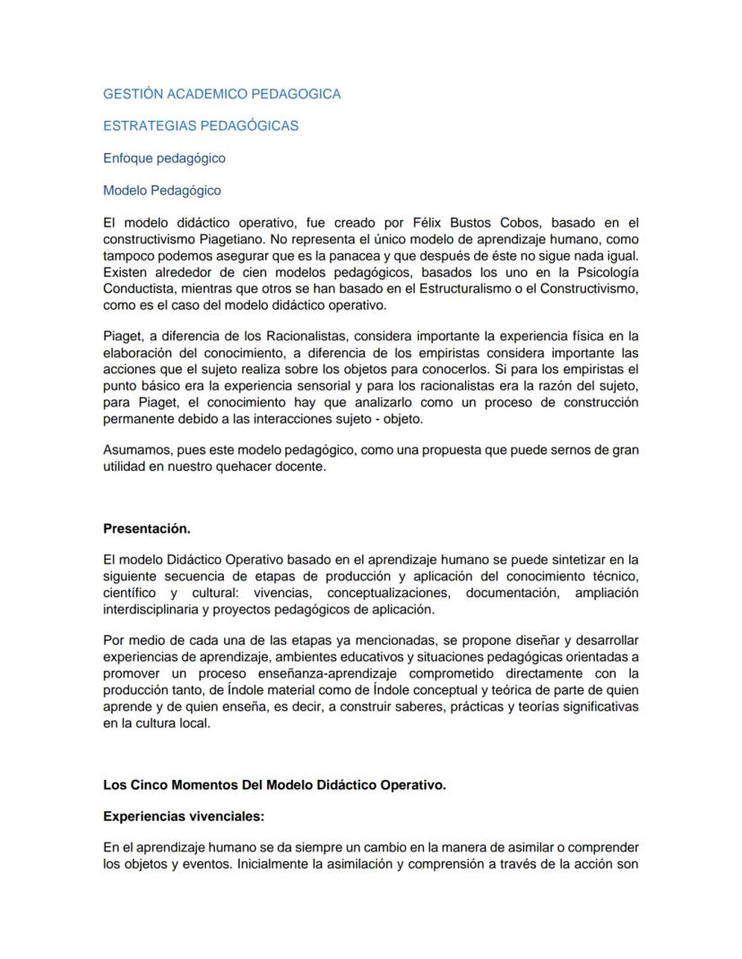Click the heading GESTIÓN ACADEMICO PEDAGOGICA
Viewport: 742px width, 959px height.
(221, 94)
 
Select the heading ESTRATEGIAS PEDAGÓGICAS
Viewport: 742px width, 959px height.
(201, 126)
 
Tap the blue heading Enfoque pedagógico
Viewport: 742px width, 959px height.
(164, 158)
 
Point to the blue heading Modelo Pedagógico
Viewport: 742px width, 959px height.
(161, 191)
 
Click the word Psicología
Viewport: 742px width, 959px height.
(604, 272)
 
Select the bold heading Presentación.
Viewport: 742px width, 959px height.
(147, 528)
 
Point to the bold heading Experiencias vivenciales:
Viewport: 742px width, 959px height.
(184, 817)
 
